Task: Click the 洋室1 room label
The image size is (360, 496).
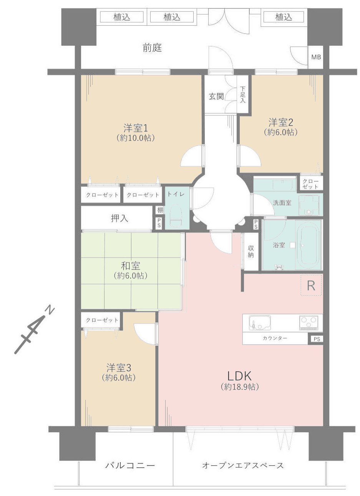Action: click(x=136, y=128)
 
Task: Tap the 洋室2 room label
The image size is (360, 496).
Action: click(x=280, y=122)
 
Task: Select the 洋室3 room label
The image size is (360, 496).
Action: click(x=119, y=367)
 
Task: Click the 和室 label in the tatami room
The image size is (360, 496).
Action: click(x=131, y=265)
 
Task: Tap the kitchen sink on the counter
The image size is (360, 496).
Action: click(x=260, y=322)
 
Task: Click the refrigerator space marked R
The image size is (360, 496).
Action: click(x=311, y=285)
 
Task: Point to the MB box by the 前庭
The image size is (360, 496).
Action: click(x=316, y=57)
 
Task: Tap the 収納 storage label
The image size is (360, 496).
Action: click(x=251, y=251)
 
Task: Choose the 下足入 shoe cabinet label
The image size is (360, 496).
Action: click(x=243, y=95)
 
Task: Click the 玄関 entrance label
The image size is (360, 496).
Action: click(x=216, y=96)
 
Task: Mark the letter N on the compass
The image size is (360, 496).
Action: click(x=50, y=309)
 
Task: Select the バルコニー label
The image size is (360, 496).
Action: click(x=130, y=466)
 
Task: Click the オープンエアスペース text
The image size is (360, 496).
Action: click(x=243, y=466)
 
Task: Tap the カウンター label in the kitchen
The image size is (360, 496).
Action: click(x=275, y=338)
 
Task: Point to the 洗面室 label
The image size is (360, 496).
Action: click(x=282, y=203)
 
